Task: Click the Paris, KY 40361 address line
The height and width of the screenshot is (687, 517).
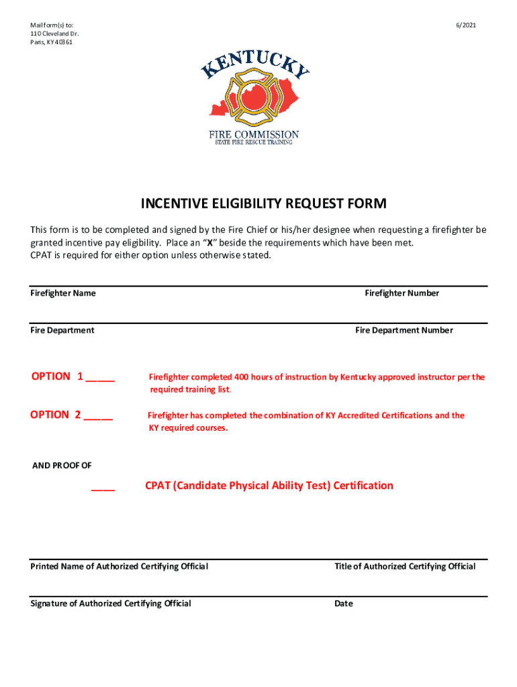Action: (x=52, y=42)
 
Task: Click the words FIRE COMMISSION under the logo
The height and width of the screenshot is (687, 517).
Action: (x=253, y=134)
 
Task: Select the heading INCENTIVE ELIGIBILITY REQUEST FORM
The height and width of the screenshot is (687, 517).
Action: (x=263, y=203)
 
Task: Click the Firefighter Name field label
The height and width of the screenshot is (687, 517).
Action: (x=63, y=293)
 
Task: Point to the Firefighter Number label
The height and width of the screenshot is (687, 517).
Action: (x=402, y=293)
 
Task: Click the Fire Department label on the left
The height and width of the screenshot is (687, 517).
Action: (x=62, y=330)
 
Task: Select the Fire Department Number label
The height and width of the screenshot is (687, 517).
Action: (x=404, y=330)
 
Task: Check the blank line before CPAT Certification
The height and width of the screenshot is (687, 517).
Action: (x=103, y=488)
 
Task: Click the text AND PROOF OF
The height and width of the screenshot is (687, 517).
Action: (x=62, y=466)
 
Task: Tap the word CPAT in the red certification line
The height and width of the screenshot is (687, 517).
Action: (x=159, y=485)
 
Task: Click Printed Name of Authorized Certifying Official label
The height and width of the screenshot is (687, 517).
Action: (x=120, y=566)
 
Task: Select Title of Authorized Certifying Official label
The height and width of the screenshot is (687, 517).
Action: (x=405, y=566)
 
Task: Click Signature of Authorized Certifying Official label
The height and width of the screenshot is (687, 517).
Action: (x=111, y=603)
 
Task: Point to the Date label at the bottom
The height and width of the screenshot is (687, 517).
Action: (x=343, y=603)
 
